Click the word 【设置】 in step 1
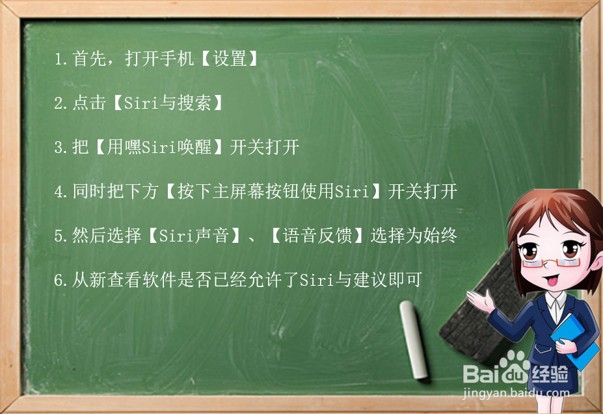[x=230, y=59]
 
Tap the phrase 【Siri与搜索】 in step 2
[x=168, y=103]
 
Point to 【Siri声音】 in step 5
[x=195, y=236]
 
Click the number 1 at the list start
[x=59, y=59]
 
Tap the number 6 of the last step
[x=59, y=280]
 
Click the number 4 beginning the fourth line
[x=59, y=191]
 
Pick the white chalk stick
[x=414, y=339]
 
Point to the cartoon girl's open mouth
[x=551, y=280]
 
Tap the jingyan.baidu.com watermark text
[x=516, y=393]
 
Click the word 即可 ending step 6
[x=405, y=280]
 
